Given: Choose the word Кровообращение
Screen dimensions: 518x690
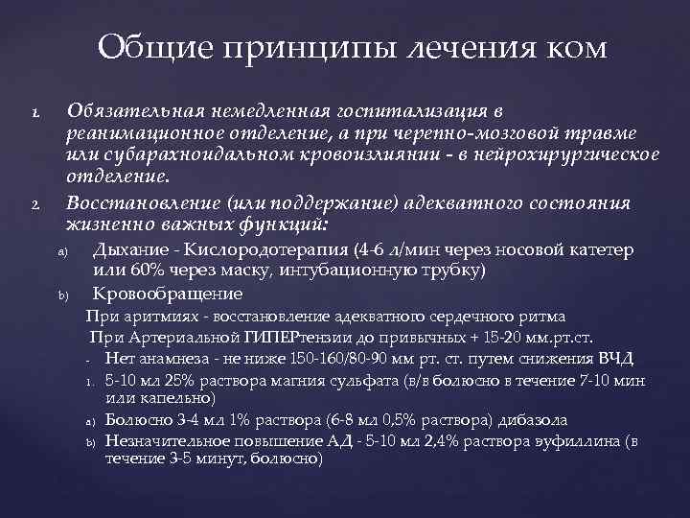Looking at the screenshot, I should pos(167,294).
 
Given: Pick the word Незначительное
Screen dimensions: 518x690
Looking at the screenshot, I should pos(161,440).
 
